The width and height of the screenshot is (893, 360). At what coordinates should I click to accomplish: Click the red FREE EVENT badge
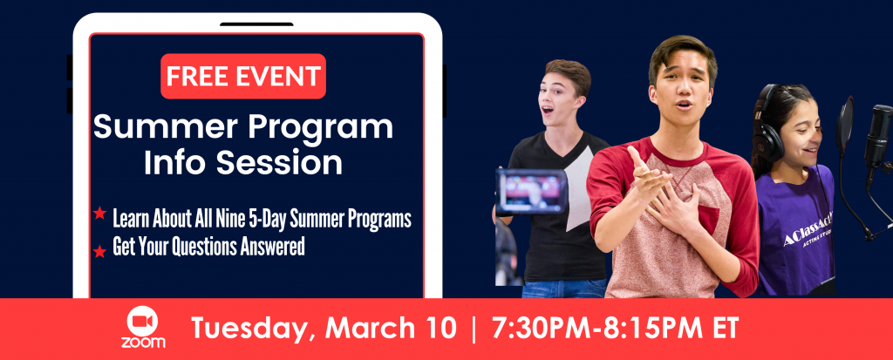(243, 77)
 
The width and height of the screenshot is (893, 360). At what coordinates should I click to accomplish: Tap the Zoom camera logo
(143, 327)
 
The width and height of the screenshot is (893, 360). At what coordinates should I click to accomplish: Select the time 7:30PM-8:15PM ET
(615, 328)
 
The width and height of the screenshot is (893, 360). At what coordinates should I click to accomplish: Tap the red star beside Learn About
(99, 214)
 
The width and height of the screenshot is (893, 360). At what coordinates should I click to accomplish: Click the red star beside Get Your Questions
(99, 251)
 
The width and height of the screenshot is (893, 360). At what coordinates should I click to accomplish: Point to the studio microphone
(877, 136)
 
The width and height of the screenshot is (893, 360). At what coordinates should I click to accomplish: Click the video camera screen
(531, 192)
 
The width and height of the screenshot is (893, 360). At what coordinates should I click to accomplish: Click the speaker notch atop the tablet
(257, 24)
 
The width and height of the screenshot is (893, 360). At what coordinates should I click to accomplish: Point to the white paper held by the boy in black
(579, 194)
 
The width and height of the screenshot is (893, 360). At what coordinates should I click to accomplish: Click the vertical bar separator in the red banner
(474, 329)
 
